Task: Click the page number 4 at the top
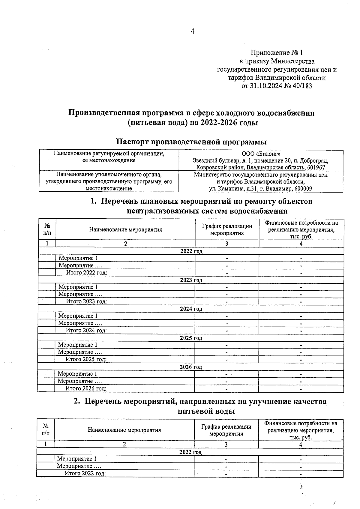pos(193,31)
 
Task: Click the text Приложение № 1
pos(277,53)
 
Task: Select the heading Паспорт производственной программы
pos(191,142)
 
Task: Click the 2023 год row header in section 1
pos(191,280)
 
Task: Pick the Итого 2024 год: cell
pos(86,331)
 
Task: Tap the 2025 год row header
pos(191,338)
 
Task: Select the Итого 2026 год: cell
pos(86,388)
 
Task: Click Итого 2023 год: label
pos(86,301)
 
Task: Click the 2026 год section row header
pos(191,367)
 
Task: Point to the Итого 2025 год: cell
pos(86,359)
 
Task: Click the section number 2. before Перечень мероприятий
pos(77,401)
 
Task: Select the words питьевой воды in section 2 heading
pos(206,411)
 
